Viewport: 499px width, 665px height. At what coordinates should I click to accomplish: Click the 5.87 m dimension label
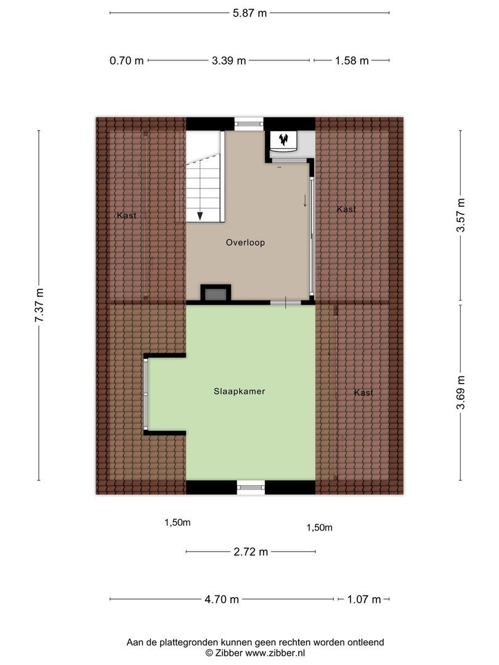(249, 12)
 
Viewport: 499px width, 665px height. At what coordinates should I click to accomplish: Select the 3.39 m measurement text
(229, 60)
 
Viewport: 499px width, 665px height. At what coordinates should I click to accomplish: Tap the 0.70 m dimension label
(126, 60)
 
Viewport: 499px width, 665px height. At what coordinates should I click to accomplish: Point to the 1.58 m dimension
(351, 60)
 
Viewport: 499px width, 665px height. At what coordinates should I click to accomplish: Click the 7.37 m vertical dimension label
(39, 305)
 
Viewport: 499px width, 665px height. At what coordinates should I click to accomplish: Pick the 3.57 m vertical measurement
(460, 216)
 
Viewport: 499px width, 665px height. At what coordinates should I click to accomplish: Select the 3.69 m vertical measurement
(460, 393)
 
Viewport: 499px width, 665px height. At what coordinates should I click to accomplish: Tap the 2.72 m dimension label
(251, 552)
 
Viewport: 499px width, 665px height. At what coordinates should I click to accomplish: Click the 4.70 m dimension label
(221, 599)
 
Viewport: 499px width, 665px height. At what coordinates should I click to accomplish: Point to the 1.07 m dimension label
(363, 599)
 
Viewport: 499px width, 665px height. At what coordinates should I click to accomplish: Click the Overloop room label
(245, 243)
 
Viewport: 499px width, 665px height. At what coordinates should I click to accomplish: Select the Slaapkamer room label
(240, 391)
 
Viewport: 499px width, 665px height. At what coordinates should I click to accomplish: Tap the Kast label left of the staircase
(126, 216)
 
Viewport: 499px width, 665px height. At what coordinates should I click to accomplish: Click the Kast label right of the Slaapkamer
(363, 393)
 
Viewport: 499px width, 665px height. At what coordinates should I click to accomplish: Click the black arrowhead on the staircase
(200, 216)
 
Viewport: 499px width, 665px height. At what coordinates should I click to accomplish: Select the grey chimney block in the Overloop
(215, 294)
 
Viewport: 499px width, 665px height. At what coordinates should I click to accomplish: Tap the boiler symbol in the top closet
(284, 140)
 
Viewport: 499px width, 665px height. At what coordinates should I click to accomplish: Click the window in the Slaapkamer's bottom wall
(250, 487)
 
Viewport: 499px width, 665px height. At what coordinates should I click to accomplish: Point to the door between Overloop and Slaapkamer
(286, 302)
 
